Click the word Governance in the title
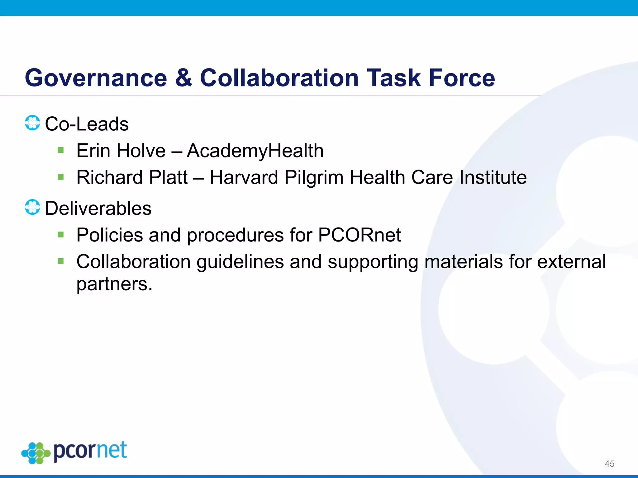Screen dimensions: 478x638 (x=96, y=78)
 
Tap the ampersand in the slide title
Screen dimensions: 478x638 (x=183, y=78)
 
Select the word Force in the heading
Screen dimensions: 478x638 (x=462, y=78)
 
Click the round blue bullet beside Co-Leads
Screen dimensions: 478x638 (x=32, y=123)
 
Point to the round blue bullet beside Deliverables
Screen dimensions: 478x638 (x=32, y=207)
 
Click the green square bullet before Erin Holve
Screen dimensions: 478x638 (x=61, y=151)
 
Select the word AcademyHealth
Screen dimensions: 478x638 (x=255, y=151)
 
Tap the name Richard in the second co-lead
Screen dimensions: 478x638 (x=109, y=177)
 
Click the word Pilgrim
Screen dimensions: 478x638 (x=314, y=178)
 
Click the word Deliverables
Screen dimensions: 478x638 (x=98, y=208)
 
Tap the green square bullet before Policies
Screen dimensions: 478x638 (x=61, y=235)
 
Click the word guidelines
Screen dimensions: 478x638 (x=240, y=262)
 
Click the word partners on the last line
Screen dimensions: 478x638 (x=114, y=284)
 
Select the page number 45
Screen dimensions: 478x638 (x=609, y=464)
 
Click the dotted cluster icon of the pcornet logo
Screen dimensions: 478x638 (x=36, y=453)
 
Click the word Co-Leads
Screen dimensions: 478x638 (x=87, y=124)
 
